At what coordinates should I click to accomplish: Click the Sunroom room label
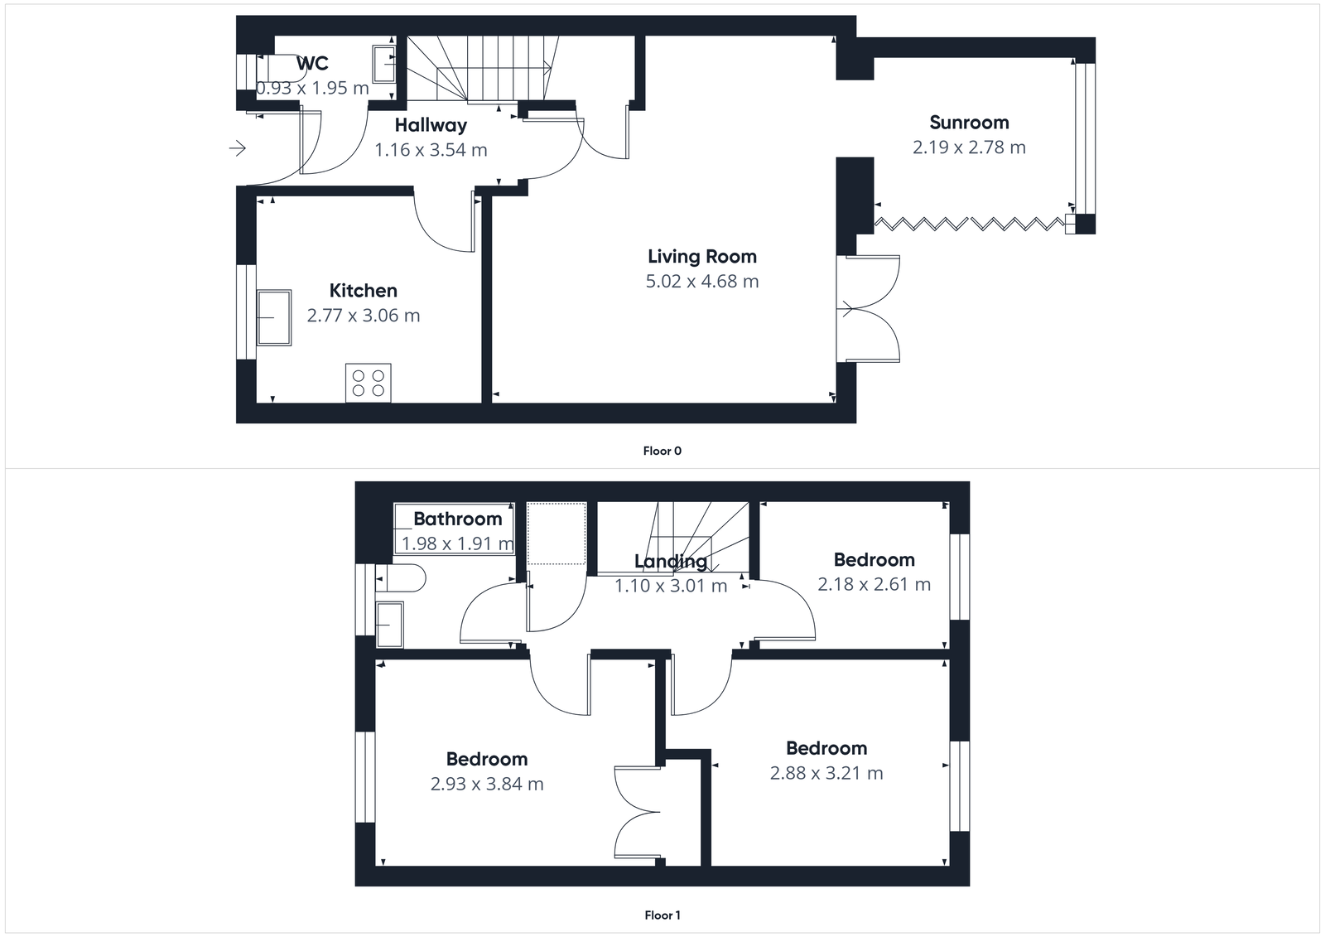click(x=969, y=123)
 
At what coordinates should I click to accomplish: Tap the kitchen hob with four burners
click(x=369, y=384)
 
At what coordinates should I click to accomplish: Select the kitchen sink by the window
click(x=273, y=317)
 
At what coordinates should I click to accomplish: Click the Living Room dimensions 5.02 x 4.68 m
click(x=702, y=282)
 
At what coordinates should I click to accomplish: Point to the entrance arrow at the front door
click(x=238, y=148)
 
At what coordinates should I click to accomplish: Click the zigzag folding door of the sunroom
click(x=969, y=223)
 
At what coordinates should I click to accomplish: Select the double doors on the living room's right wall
click(x=870, y=309)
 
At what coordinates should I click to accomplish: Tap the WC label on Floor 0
click(x=312, y=63)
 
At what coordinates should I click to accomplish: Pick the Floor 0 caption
click(x=662, y=452)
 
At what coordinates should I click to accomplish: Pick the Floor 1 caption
click(x=662, y=915)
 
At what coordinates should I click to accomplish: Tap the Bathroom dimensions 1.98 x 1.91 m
click(x=457, y=544)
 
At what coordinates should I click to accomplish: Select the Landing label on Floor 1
click(x=671, y=562)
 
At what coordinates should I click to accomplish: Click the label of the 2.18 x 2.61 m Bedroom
click(x=874, y=560)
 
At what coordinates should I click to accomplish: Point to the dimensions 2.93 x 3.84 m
click(x=487, y=785)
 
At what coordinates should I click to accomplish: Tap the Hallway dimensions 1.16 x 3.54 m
click(x=431, y=150)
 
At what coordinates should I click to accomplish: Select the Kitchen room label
click(x=363, y=291)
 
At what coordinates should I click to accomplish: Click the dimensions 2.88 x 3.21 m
click(x=826, y=774)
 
